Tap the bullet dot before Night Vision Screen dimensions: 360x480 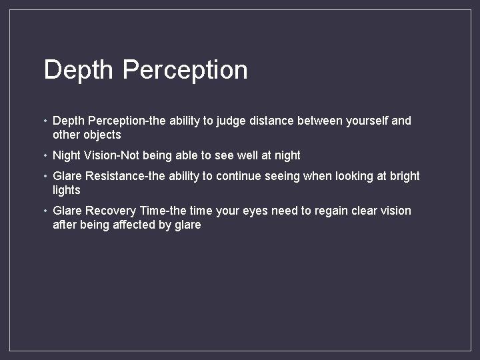(44, 155)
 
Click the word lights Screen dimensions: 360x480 (66, 190)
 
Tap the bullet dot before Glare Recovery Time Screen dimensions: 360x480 (44, 211)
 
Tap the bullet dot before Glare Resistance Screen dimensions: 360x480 (44, 176)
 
